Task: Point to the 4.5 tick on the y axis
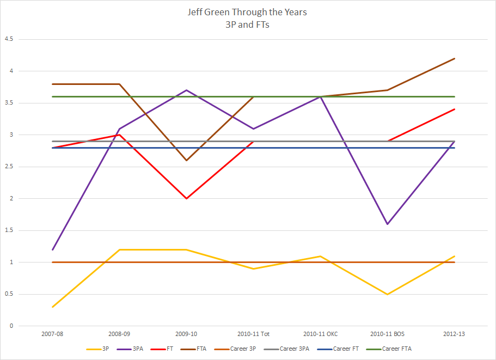(9, 39)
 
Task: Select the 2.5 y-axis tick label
(9, 167)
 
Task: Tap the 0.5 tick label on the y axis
(9, 294)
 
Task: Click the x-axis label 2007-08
(52, 332)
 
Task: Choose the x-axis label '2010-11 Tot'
(254, 332)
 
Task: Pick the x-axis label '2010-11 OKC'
(321, 332)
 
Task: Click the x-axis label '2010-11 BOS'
(388, 332)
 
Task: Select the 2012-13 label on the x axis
(455, 332)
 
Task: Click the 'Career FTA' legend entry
(400, 349)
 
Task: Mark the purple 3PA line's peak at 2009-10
(187, 90)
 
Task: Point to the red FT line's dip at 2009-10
(187, 198)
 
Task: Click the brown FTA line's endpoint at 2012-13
(455, 58)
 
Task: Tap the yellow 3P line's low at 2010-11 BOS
(388, 294)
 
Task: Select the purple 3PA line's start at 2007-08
(52, 249)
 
